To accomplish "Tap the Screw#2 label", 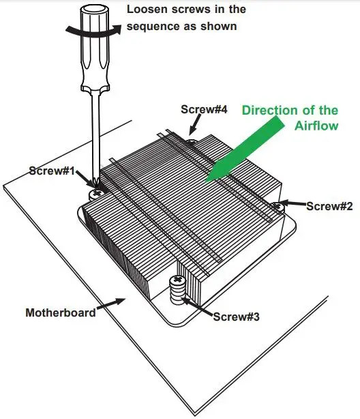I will coord(329,205).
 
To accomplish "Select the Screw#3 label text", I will coord(236,317).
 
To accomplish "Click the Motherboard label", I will coord(60,313).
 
